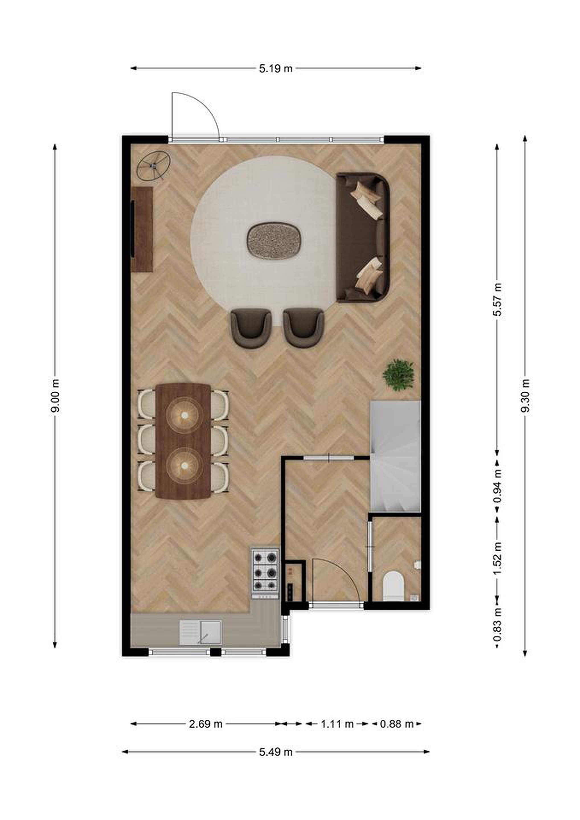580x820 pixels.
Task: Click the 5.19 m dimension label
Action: point(275,68)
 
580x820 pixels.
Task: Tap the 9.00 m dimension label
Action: point(55,396)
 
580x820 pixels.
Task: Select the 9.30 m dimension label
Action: point(525,396)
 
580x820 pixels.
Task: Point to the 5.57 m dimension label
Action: point(497,300)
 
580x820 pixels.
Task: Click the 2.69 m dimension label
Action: point(205,724)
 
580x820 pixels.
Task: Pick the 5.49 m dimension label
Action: point(275,752)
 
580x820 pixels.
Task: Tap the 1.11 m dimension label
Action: point(337,724)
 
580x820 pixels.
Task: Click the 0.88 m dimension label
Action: point(396,724)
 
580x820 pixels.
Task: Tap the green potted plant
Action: point(399,375)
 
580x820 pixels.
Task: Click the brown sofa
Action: point(363,237)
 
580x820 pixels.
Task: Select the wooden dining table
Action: point(183,441)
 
